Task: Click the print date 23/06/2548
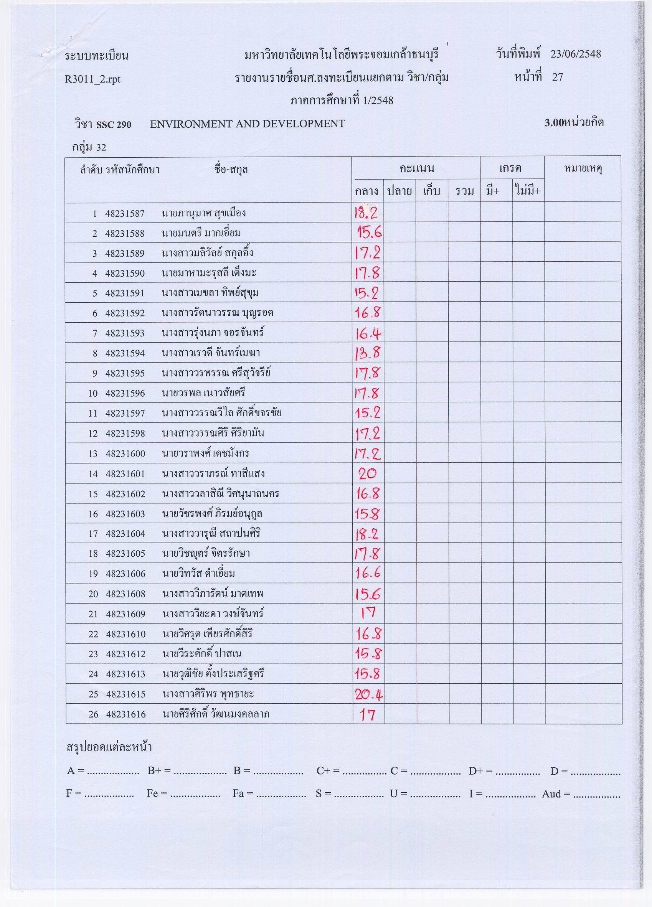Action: pyautogui.click(x=575, y=54)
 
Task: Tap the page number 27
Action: pyautogui.click(x=558, y=77)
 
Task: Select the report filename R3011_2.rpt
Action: pyautogui.click(x=92, y=79)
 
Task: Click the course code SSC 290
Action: pyautogui.click(x=114, y=125)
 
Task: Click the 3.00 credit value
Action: pyautogui.click(x=554, y=123)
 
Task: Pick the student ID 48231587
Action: pyautogui.click(x=125, y=214)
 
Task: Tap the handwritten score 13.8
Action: pyautogui.click(x=367, y=353)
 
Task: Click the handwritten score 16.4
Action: pyautogui.click(x=367, y=333)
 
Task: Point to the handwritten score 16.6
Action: pyautogui.click(x=368, y=574)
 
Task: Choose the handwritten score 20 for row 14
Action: pyautogui.click(x=367, y=474)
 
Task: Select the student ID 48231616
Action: pyautogui.click(x=126, y=714)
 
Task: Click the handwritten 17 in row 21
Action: pyautogui.click(x=367, y=613)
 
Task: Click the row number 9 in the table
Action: pyautogui.click(x=95, y=374)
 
